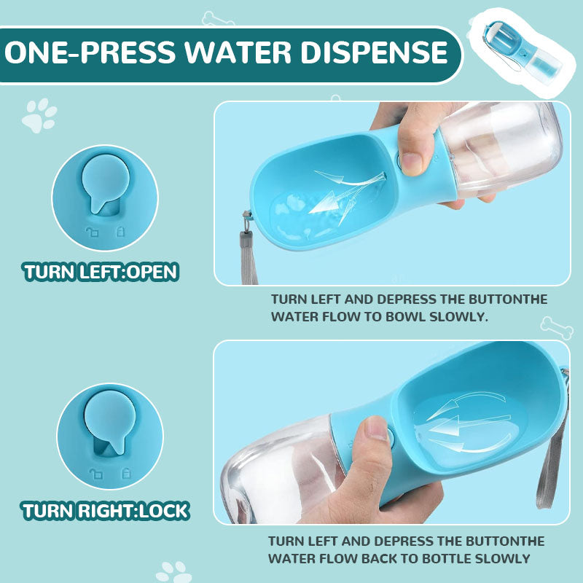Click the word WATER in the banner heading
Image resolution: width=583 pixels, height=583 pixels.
[x=238, y=52]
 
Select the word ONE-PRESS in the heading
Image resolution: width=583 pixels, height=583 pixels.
[x=90, y=52]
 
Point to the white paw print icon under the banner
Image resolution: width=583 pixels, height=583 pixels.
[x=39, y=116]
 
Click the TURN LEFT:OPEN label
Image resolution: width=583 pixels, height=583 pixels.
[x=101, y=272]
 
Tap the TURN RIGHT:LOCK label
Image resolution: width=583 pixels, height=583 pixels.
[x=106, y=511]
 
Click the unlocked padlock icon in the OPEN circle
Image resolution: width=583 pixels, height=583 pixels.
[x=92, y=232]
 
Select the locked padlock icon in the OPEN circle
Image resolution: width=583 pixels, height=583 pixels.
[x=120, y=231]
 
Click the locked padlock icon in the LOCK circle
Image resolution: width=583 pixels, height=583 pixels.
[x=126, y=473]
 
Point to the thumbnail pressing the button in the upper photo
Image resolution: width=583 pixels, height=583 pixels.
[x=411, y=163]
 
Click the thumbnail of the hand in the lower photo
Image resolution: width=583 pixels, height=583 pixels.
[x=376, y=429]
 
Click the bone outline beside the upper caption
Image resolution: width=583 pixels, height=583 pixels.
[x=557, y=328]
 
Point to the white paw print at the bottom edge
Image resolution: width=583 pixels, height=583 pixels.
[x=173, y=572]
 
